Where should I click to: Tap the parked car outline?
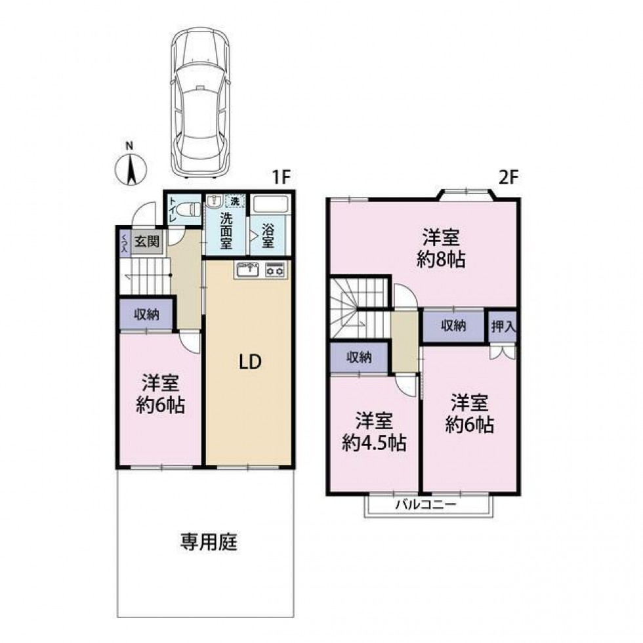(x=199, y=102)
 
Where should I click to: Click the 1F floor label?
(x=281, y=177)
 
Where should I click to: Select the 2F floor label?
(x=508, y=177)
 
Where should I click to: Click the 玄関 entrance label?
(x=147, y=241)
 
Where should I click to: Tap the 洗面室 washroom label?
(x=226, y=230)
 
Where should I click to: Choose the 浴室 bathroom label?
(x=268, y=236)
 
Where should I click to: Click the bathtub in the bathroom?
(x=270, y=203)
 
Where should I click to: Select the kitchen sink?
(x=247, y=270)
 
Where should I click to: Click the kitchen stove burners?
(x=276, y=270)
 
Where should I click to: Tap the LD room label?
(x=250, y=362)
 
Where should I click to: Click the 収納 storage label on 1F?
(x=147, y=314)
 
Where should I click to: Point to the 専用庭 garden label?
(x=209, y=542)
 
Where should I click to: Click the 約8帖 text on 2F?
(x=441, y=259)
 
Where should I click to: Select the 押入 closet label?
(x=503, y=327)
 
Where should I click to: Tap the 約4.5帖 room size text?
(x=374, y=442)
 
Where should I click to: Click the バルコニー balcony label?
(x=426, y=504)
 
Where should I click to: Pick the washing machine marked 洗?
(x=235, y=201)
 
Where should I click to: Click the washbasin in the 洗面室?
(x=214, y=201)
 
